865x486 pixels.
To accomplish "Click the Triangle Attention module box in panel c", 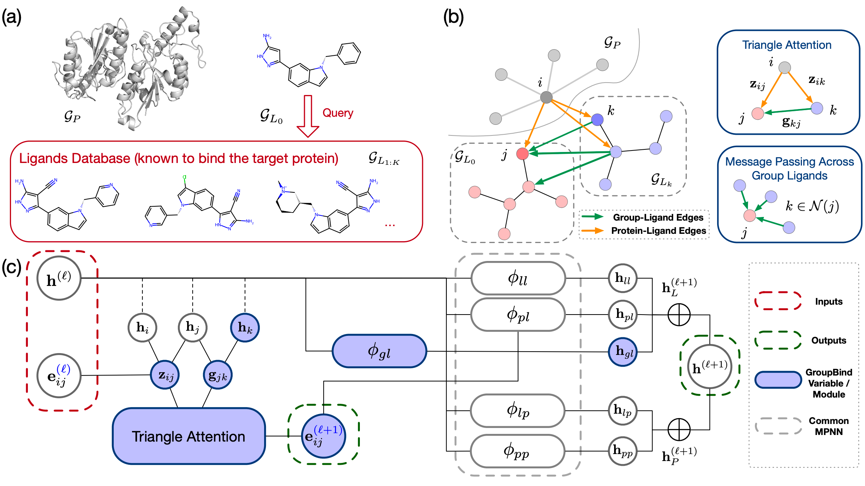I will [x=189, y=436].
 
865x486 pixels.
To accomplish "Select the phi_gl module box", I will [x=379, y=351].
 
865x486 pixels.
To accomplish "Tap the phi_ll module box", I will [x=518, y=278].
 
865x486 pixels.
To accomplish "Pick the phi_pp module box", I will [x=517, y=451].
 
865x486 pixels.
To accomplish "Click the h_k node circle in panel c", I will [x=245, y=327].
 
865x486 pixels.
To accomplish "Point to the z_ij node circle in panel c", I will [x=165, y=375].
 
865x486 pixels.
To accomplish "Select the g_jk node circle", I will [x=218, y=375].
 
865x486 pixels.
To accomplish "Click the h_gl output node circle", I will [x=623, y=352].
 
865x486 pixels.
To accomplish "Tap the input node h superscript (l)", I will [x=59, y=279].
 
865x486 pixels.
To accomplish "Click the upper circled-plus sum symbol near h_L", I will [x=679, y=315].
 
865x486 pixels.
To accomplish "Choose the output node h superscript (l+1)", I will [x=709, y=366].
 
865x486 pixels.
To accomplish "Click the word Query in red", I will [x=337, y=113].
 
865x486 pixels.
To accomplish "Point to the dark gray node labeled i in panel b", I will [x=546, y=97].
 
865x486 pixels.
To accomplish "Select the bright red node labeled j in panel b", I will [x=522, y=153].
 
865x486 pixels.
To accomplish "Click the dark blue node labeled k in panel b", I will [x=597, y=119].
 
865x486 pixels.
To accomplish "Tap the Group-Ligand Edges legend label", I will [x=658, y=217].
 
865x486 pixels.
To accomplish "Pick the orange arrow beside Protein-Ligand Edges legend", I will [x=593, y=231].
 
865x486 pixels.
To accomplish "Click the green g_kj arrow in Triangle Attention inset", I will [x=788, y=111].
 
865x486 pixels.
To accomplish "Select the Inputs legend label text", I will [x=828, y=302].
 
